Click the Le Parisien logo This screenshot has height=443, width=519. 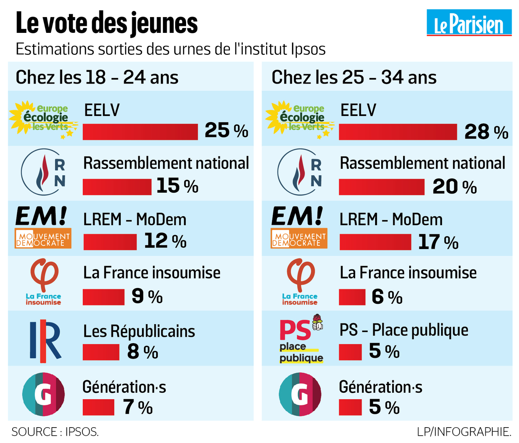click(x=469, y=24)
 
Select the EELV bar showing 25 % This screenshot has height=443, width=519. click(x=140, y=132)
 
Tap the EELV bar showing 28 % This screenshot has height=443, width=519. click(x=398, y=132)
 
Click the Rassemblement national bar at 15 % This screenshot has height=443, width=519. click(x=117, y=187)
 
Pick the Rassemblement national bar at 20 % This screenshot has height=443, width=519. click(x=382, y=187)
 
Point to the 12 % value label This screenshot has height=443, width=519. click(x=165, y=241)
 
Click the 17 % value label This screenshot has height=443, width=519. click(x=438, y=242)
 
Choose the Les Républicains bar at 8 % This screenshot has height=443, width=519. click(x=101, y=352)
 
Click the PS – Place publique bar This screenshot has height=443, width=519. click(x=350, y=352)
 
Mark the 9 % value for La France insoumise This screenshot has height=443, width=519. click(x=147, y=297)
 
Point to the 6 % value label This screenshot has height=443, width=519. click(x=387, y=297)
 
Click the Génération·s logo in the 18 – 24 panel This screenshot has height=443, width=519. click(x=43, y=394)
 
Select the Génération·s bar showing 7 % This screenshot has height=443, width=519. click(x=99, y=407)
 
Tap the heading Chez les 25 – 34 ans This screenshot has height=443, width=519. click(x=354, y=77)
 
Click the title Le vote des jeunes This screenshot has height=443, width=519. click(x=107, y=23)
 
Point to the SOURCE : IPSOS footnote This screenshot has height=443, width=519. click(x=55, y=432)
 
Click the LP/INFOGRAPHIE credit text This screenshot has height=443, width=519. click(x=463, y=432)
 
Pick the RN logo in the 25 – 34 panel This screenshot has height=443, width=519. click(x=301, y=172)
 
